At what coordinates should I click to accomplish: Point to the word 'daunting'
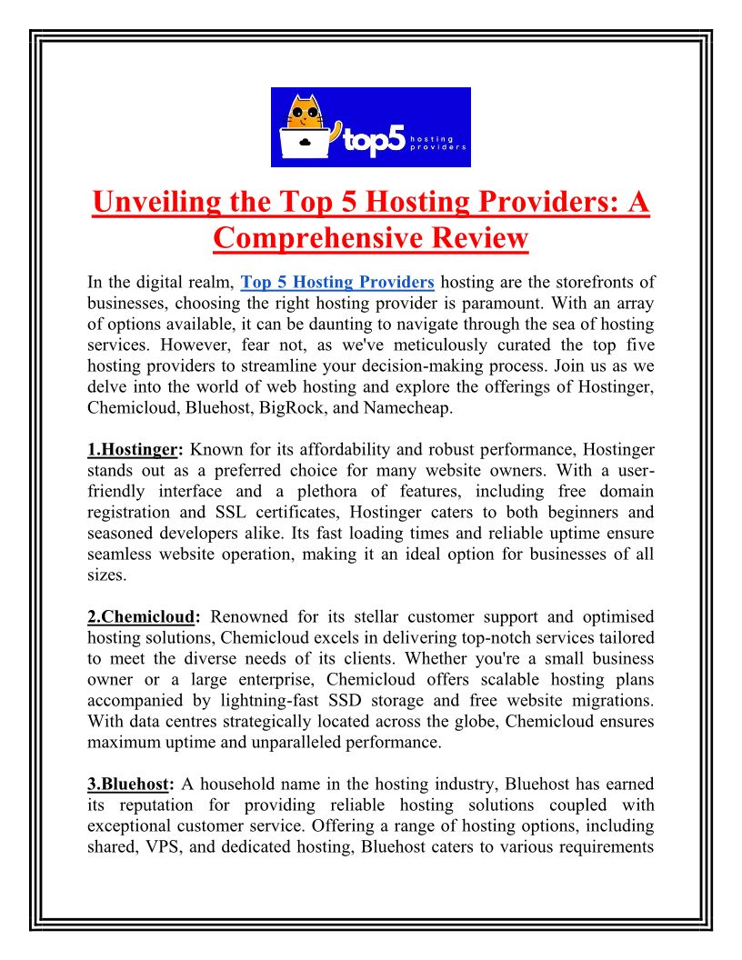click(299, 324)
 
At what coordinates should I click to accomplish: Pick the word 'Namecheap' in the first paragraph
click(413, 408)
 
